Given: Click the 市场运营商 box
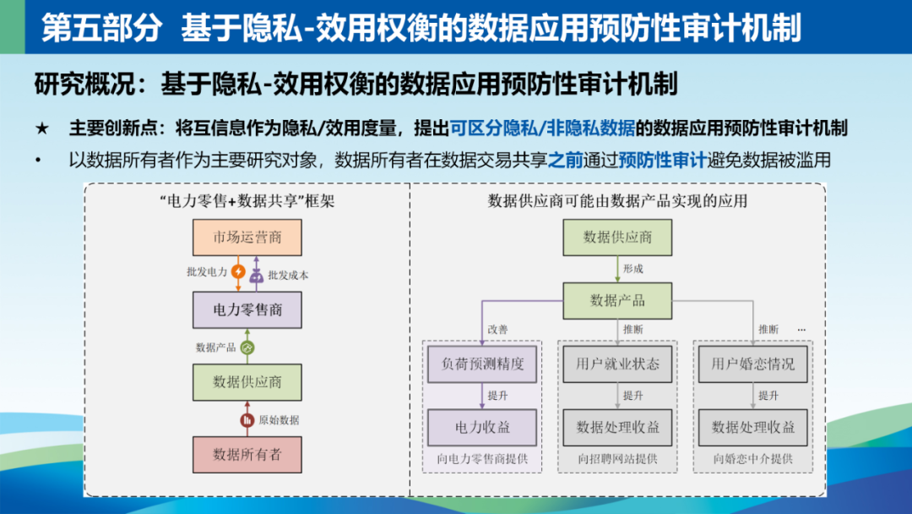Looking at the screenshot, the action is (247, 238).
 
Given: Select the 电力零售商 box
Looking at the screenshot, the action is (247, 309).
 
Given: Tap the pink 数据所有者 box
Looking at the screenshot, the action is (247, 455).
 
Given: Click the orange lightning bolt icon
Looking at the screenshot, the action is (238, 271).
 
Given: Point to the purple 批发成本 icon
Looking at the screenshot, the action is (256, 276).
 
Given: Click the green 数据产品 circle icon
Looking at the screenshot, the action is (247, 348).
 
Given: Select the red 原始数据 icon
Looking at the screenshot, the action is (247, 419).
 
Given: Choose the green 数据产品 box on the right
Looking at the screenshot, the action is (617, 301).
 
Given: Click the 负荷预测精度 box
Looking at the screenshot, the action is (482, 364).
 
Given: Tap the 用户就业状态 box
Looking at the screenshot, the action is (617, 364).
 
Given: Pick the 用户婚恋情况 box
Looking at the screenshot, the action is (752, 364).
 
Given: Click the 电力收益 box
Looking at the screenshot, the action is (482, 428).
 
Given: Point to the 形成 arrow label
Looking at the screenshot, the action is (632, 269).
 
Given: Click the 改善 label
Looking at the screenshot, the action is (498, 330).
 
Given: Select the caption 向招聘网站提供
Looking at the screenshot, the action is (617, 459).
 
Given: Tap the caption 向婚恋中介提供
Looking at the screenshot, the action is (752, 459).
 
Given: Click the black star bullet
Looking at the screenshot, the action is (42, 128).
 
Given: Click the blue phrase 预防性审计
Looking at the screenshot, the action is (663, 160).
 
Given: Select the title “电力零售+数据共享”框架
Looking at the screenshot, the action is (247, 201).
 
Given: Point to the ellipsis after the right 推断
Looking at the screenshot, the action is (801, 330).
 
